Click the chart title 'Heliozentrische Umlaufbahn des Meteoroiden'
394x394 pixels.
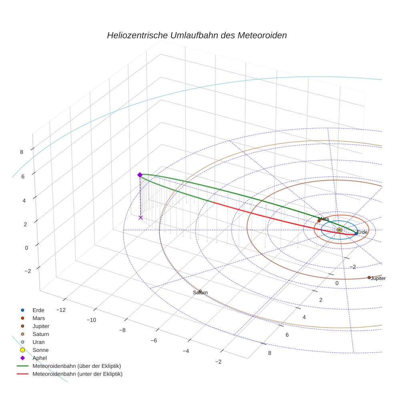[197, 35]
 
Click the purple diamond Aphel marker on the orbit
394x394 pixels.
[140, 175]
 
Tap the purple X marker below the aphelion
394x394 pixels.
[141, 217]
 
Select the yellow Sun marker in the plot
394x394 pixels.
[340, 230]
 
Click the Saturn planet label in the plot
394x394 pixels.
[200, 293]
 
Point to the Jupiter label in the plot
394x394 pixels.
[378, 278]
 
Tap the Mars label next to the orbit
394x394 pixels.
[324, 219]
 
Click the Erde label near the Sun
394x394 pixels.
[362, 232]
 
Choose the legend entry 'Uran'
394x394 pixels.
[38, 342]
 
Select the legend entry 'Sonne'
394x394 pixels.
[40, 350]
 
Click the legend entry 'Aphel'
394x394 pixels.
[40, 358]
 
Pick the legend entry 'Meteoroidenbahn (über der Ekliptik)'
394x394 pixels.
[77, 366]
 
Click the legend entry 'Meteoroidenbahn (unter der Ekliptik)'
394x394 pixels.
[77, 374]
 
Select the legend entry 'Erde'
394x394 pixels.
[38, 310]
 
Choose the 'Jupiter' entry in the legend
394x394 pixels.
[41, 326]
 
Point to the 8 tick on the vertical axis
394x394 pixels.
[22, 152]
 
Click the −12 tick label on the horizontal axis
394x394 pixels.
[61, 310]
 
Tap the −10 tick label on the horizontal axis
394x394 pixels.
[92, 320]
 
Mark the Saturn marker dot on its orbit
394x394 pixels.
[200, 291]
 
